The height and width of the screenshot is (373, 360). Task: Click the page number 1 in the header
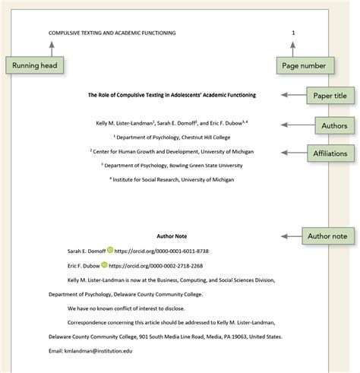[x=293, y=33]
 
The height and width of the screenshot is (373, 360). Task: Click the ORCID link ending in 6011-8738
[x=162, y=251]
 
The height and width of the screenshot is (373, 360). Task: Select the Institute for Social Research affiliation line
[x=172, y=179]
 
